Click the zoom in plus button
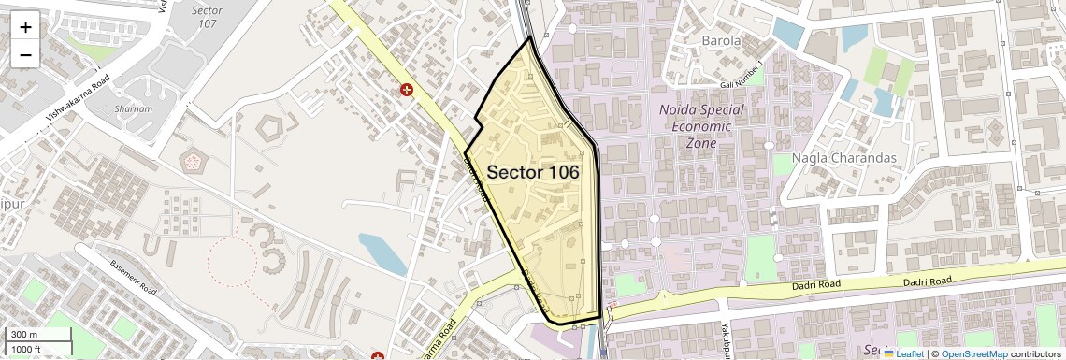click(25, 27)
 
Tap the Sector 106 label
click(532, 172)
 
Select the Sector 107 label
click(207, 17)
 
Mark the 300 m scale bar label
click(24, 335)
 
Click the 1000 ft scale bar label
click(27, 349)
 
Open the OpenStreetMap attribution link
click(973, 353)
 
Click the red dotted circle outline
click(231, 262)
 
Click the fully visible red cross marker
click(407, 90)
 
